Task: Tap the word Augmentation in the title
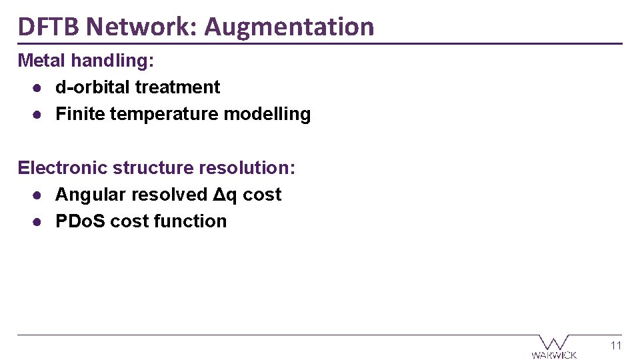(289, 27)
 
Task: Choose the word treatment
(177, 87)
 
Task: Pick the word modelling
(267, 115)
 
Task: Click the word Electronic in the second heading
(63, 167)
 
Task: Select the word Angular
(91, 195)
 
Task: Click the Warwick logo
(554, 347)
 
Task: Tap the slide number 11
(615, 345)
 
